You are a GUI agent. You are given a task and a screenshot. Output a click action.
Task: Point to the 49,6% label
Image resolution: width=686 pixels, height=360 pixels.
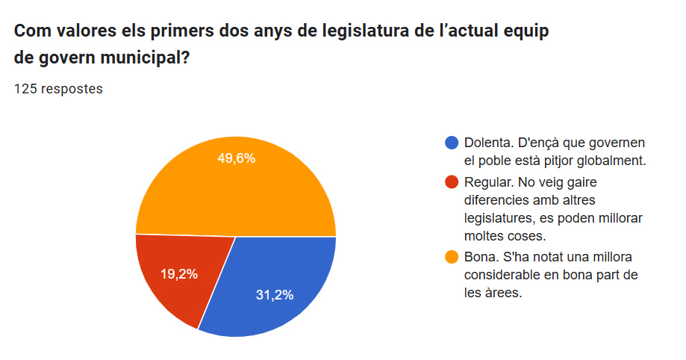point(237,158)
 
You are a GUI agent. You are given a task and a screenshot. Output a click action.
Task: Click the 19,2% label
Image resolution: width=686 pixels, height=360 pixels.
point(179,274)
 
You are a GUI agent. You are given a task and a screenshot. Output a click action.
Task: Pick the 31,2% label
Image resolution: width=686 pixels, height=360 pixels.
point(275,295)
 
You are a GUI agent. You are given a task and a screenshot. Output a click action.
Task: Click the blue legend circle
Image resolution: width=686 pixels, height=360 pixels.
point(452,143)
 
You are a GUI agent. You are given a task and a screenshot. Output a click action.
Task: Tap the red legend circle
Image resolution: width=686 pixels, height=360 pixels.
point(452,181)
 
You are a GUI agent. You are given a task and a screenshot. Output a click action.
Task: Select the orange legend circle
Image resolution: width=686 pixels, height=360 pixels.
point(452,257)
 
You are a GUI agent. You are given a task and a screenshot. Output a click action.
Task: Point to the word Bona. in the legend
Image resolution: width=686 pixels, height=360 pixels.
point(480,257)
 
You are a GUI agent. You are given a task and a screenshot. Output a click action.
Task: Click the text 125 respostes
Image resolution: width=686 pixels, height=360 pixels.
point(59,89)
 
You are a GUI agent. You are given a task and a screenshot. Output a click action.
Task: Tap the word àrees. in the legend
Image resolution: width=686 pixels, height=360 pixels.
point(503,293)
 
